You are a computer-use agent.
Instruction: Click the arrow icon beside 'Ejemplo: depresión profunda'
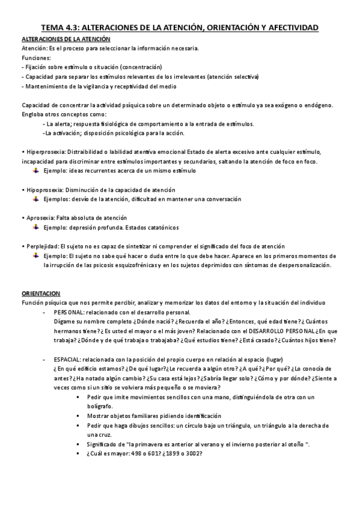pos(36,227)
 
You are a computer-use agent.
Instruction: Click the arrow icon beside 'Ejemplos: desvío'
pos(36,199)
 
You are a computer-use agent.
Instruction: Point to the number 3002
pos(192,453)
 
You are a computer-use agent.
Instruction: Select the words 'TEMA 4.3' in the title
pos(58,28)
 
